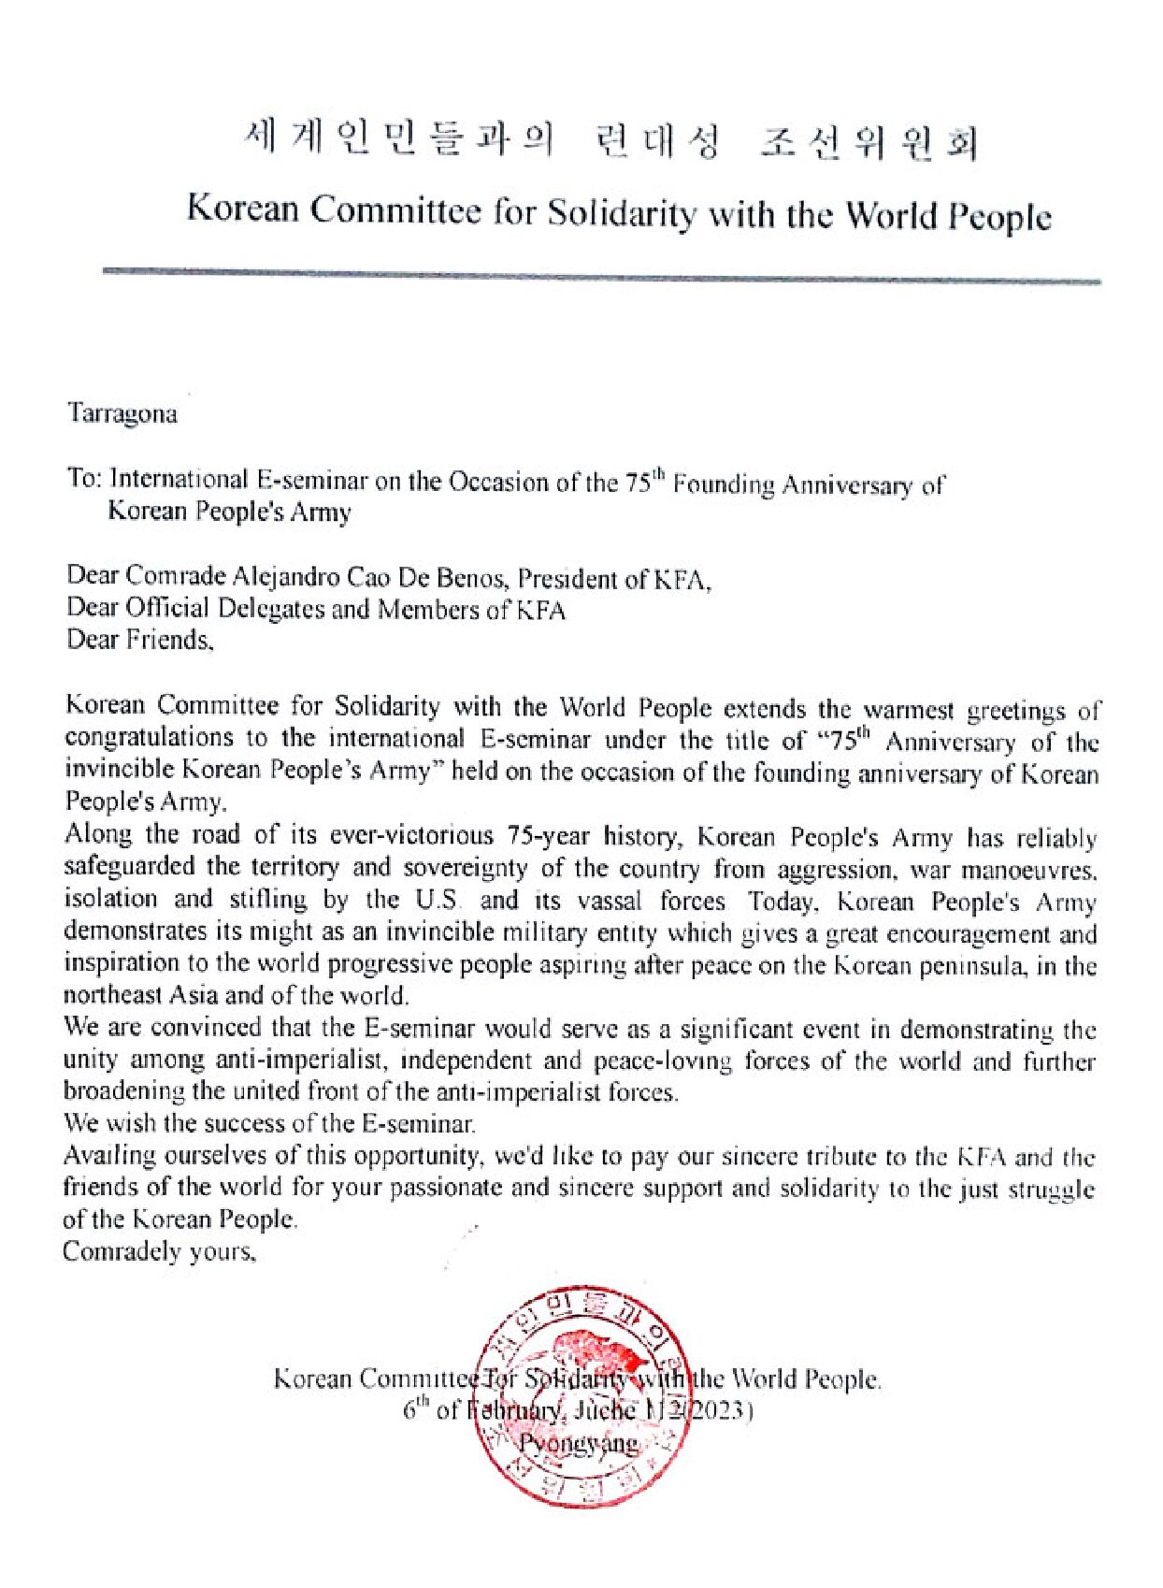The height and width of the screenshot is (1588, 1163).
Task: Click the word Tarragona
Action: coord(122,414)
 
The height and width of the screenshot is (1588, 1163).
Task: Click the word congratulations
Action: coord(150,738)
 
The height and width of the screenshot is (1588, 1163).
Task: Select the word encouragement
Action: coord(969,934)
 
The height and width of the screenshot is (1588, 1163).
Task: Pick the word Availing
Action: coord(109,1156)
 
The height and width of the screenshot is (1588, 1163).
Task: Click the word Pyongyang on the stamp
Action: coord(580,1443)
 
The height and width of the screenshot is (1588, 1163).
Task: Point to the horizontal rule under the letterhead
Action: coord(602,276)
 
